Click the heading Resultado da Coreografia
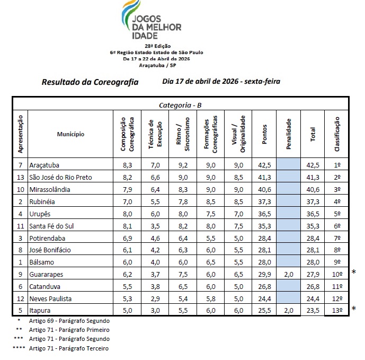90,82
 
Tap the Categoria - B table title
180,105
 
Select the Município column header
70,134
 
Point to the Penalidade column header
288,134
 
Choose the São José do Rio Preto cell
61,177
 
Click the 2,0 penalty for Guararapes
288,274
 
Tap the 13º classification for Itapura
337,311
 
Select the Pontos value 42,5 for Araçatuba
263,165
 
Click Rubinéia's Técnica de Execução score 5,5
153,201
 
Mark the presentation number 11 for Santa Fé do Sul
21,226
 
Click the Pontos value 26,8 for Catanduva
263,286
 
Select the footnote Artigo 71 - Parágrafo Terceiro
69,348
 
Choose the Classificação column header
337,134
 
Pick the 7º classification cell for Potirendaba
337,238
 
